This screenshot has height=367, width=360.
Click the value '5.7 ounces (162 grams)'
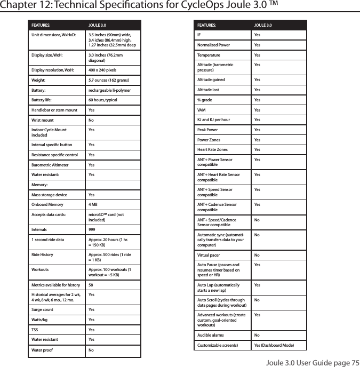[108, 80]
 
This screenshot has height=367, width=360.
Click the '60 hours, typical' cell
[102, 100]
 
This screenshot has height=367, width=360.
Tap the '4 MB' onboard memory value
[92, 204]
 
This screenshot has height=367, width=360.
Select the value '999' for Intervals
[92, 229]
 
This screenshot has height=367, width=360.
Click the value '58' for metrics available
[91, 285]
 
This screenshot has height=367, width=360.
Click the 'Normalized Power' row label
[214, 45]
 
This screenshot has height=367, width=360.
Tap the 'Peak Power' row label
[208, 130]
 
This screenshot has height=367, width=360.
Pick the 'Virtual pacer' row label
[210, 254]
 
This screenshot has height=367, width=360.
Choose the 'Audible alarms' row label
[211, 336]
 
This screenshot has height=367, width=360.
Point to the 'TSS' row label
[35, 330]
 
